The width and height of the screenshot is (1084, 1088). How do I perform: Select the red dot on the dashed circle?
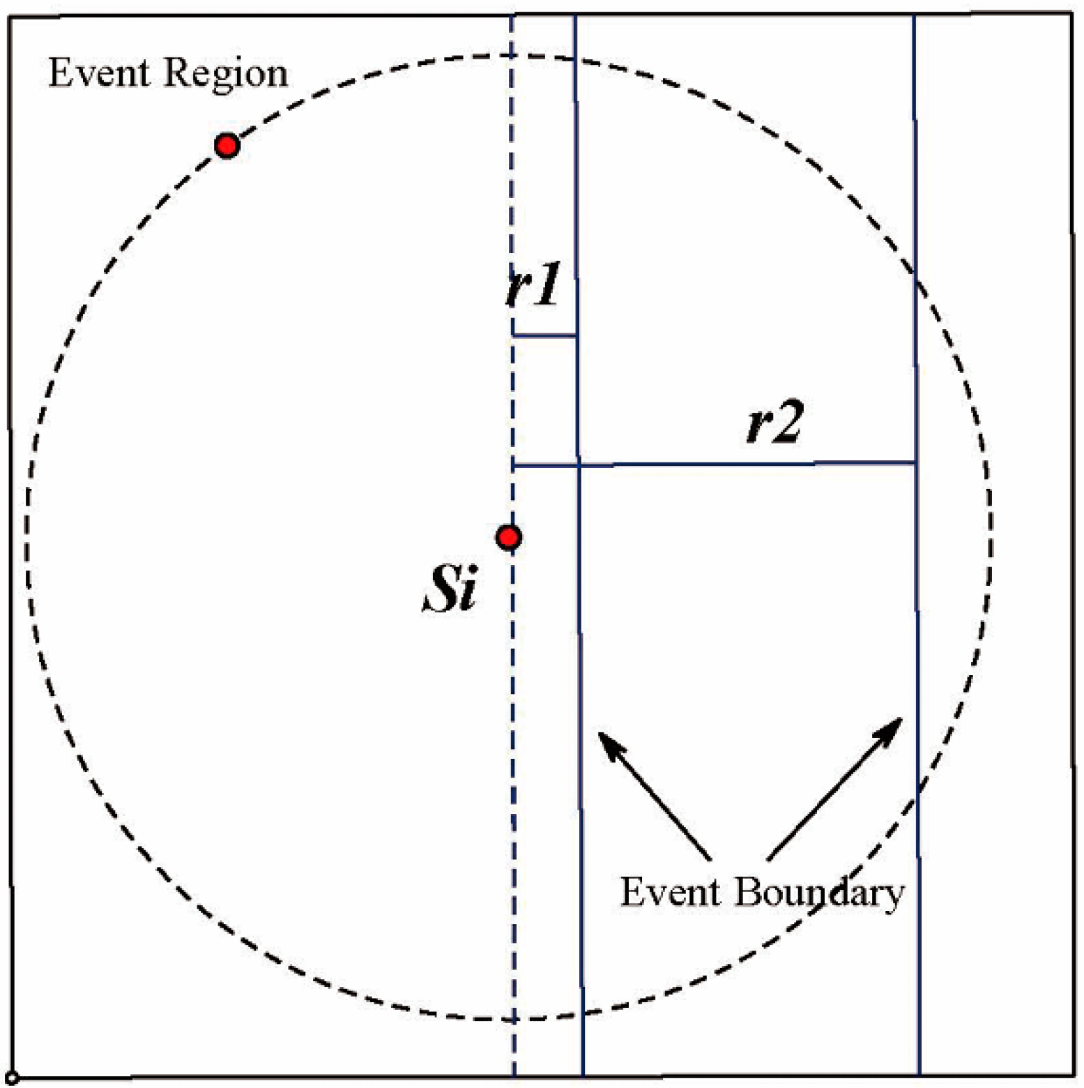(x=227, y=146)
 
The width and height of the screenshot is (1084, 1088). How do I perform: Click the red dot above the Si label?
(x=509, y=537)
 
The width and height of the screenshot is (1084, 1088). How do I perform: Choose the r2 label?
(x=774, y=422)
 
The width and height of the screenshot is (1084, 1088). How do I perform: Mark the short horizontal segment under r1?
(x=544, y=335)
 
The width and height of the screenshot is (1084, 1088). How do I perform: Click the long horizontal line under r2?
(x=746, y=463)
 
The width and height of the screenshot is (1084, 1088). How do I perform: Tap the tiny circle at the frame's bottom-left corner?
(x=12, y=1078)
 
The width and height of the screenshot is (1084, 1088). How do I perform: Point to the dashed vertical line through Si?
(x=512, y=767)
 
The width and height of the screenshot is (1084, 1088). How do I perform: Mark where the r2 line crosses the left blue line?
(x=578, y=464)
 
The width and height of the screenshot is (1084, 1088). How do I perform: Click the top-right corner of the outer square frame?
(x=1071, y=14)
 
